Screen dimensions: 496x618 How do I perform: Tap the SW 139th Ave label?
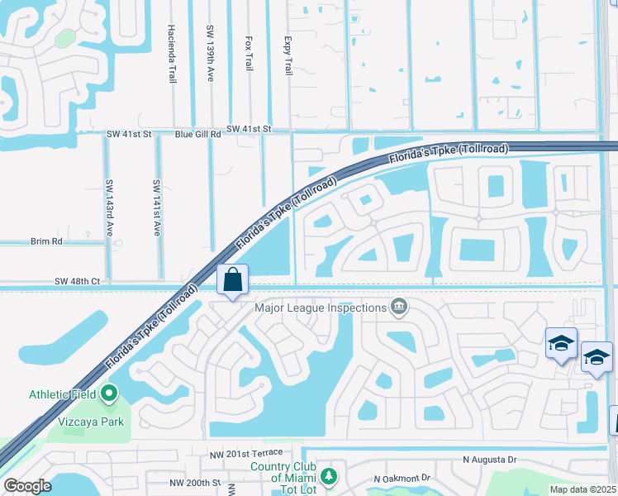pos(210,52)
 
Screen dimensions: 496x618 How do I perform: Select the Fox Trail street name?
pos(249,53)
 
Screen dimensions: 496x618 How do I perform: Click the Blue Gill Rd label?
pos(197,133)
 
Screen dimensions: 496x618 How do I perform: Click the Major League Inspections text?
pos(321,308)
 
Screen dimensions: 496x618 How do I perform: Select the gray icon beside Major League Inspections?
pos(399,308)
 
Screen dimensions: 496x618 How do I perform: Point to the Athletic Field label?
pos(63,393)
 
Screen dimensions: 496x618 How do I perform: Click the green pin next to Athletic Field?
pos(108,393)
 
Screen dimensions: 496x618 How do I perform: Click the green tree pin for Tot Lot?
pos(329,476)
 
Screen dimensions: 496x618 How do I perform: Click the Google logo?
pos(28,485)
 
